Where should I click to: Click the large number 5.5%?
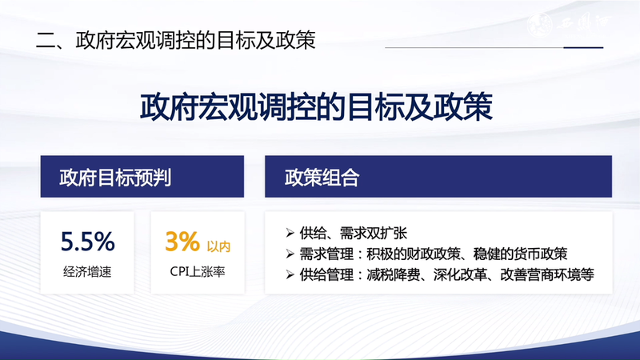[x=88, y=240]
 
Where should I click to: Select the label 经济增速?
[x=87, y=272]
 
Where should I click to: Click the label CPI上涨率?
[x=196, y=272]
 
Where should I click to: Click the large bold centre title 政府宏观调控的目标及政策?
[x=320, y=108]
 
